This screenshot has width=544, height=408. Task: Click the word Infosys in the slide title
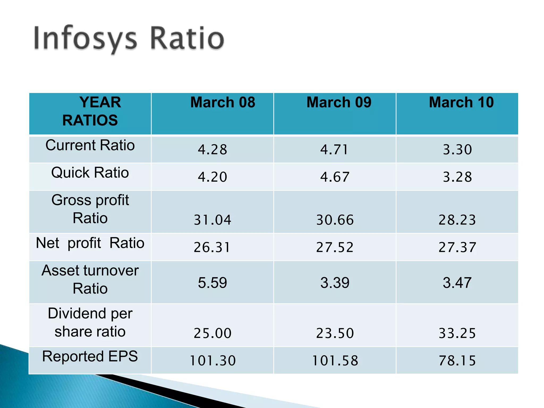(85, 39)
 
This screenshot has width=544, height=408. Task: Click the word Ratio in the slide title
(187, 39)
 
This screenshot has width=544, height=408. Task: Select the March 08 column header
(223, 102)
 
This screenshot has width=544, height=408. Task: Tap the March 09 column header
(339, 102)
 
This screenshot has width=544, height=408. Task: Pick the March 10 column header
(461, 102)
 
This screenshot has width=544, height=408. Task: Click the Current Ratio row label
(90, 145)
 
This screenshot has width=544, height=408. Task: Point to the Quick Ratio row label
(90, 173)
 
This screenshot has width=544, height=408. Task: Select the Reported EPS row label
(90, 356)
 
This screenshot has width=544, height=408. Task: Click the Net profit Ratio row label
(90, 243)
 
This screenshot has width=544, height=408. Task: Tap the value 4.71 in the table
(334, 150)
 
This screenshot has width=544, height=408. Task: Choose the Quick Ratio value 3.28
(457, 177)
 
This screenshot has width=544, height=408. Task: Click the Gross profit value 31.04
(212, 220)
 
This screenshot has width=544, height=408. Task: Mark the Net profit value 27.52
(335, 247)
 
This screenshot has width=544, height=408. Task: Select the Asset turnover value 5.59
(212, 283)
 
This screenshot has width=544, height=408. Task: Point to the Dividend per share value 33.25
(457, 333)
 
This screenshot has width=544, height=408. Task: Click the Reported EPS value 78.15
(457, 361)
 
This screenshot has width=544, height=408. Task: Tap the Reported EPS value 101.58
(335, 361)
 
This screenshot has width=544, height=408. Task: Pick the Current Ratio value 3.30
(457, 150)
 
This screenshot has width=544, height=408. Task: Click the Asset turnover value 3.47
(457, 283)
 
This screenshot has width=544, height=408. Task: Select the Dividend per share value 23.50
(335, 333)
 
